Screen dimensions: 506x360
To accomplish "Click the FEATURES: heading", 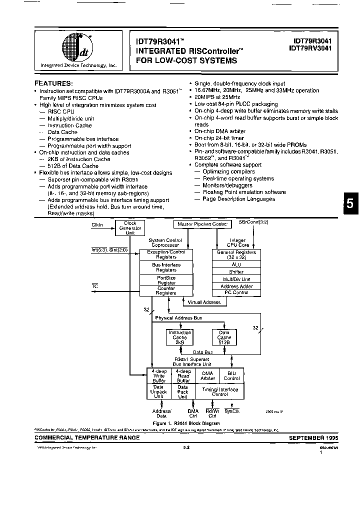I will point(53,83).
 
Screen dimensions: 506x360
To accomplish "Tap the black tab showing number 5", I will point(350,204).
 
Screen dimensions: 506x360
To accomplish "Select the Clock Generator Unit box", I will point(129,227).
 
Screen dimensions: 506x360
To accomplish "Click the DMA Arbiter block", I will point(207,375).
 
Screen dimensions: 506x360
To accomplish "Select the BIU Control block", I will point(231,375).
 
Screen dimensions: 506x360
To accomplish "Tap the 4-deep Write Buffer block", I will point(159,375).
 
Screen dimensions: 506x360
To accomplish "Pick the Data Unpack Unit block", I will point(159,391).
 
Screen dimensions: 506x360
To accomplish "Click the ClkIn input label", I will point(97,225).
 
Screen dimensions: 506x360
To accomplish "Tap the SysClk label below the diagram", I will point(232,411).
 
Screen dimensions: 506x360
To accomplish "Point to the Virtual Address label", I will point(204,302).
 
